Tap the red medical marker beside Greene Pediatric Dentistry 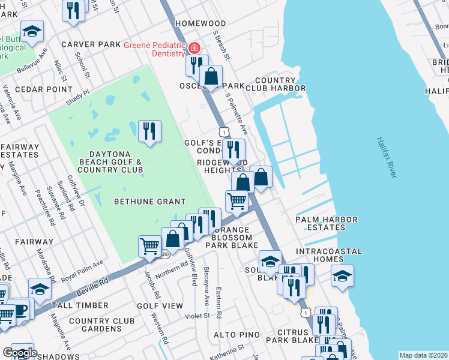click(x=194, y=48)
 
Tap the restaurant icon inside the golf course click(x=149, y=131)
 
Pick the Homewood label click(x=200, y=23)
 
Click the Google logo click(x=20, y=353)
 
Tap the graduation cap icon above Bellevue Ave click(x=32, y=31)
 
